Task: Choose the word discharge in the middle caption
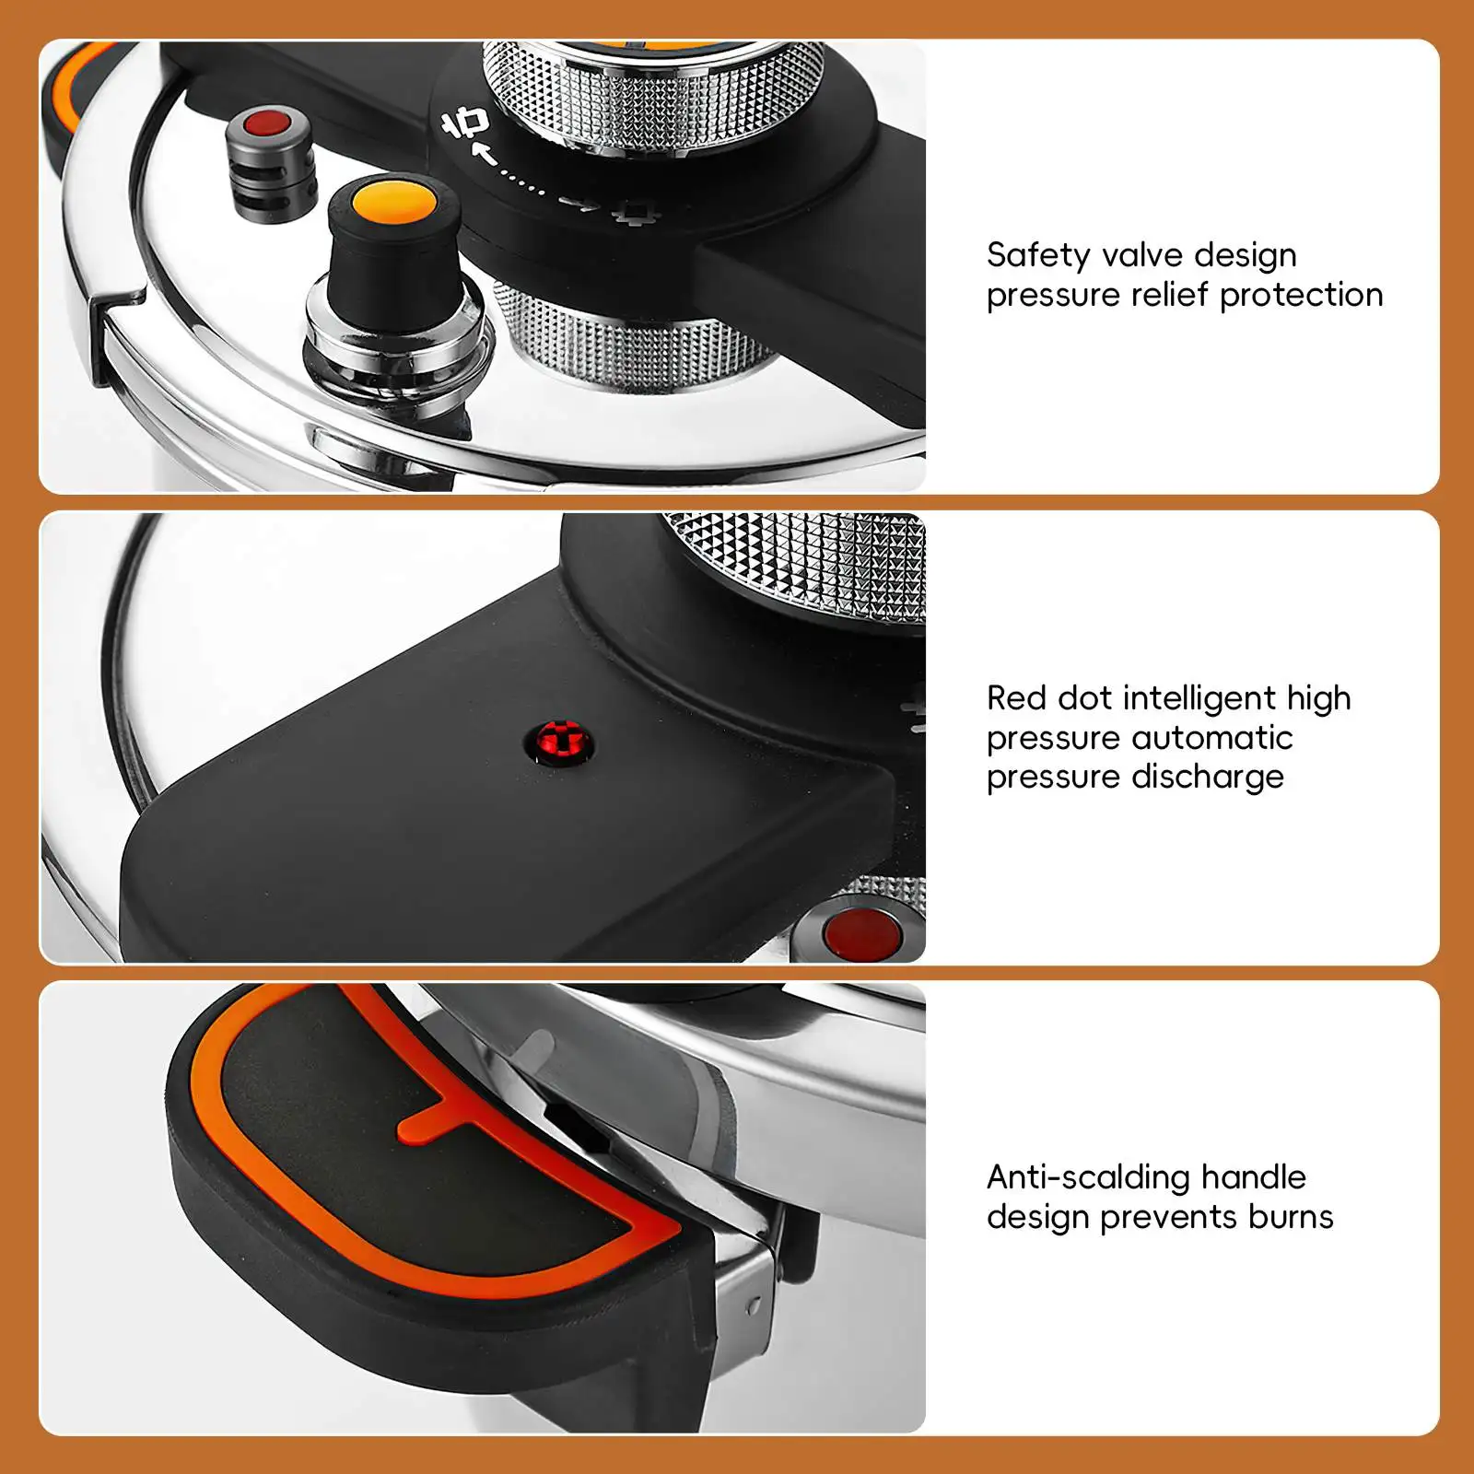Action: tap(1208, 778)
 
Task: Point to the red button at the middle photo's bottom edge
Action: tap(862, 932)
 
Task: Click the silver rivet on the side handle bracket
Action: tap(755, 1306)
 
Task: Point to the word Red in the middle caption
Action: tap(1016, 698)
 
